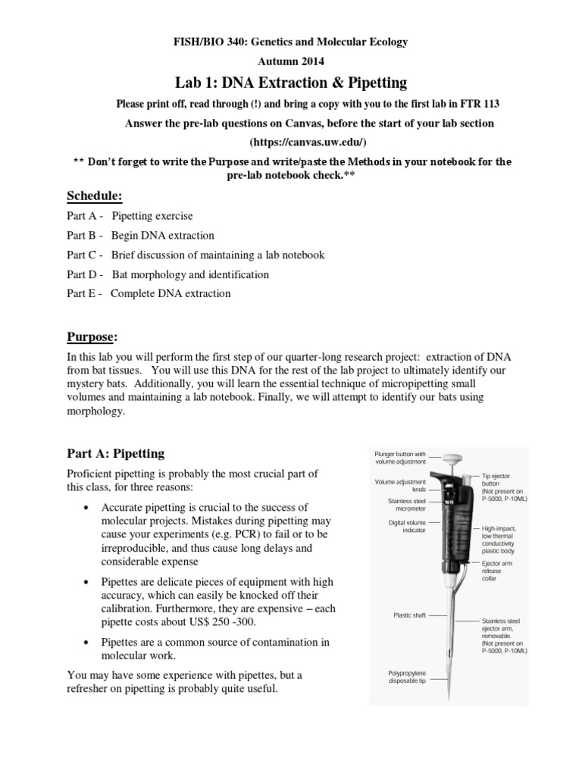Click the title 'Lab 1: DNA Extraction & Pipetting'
291,82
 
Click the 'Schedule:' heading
95,196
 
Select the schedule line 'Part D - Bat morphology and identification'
167,274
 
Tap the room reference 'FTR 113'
456,103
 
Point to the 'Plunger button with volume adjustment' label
401,457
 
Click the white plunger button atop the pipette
454,458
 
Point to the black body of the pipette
456,523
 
